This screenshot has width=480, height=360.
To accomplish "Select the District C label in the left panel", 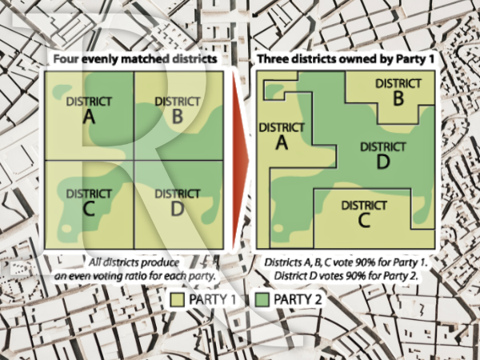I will pos(89,202).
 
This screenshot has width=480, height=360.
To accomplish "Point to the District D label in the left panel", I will pos(176,202).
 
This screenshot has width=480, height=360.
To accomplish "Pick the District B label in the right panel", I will pos(398,90).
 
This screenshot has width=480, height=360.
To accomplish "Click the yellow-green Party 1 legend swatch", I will pos(178,299).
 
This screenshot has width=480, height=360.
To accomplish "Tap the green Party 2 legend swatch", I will pos(262,299).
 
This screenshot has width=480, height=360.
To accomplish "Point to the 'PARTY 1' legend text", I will pos(214,299).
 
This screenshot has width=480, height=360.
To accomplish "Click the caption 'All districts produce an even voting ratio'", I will pos(131,268).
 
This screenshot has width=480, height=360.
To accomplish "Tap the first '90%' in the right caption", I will pos(365,262).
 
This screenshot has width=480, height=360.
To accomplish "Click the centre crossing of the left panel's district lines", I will pos(133,159).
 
